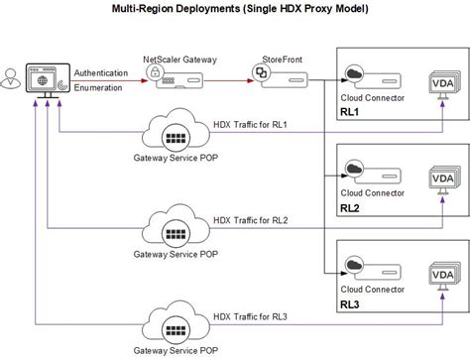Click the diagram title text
(235, 10)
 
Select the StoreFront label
(285, 60)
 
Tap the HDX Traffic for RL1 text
(250, 125)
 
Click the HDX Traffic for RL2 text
(250, 220)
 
